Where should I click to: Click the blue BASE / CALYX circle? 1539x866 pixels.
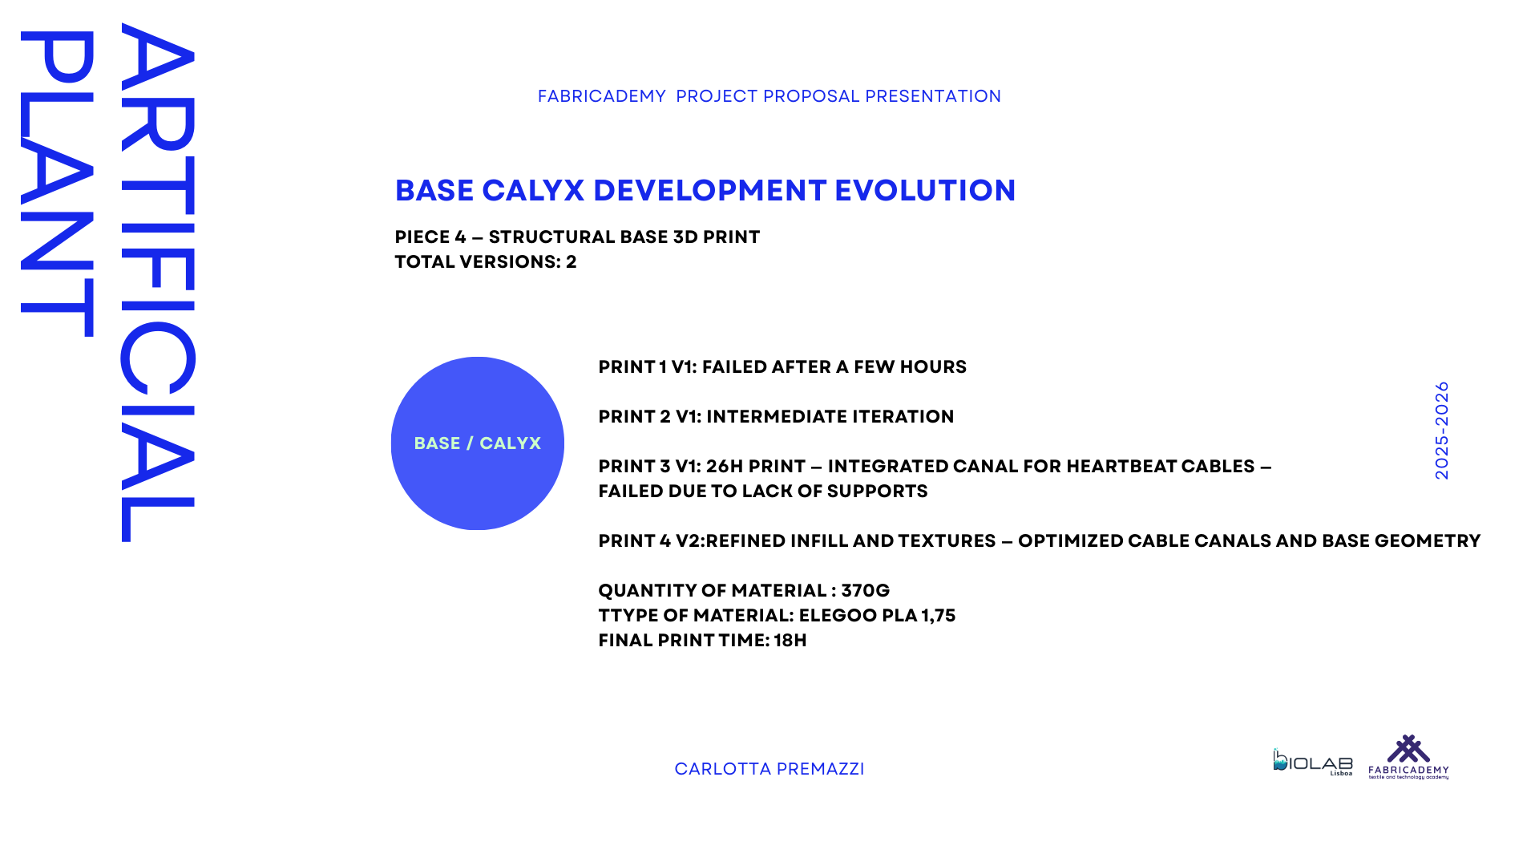pos(478,443)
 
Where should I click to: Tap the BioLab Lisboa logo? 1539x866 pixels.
pos(1313,762)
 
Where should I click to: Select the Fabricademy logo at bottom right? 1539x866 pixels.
pos(1408,757)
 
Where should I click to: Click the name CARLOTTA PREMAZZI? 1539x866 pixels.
pos(769,769)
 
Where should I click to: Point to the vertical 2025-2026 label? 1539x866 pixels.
pos(1442,431)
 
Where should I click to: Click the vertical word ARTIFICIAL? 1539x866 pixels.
pos(158,282)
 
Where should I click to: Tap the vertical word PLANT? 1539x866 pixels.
pos(57,184)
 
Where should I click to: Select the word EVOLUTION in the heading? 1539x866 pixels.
pos(925,191)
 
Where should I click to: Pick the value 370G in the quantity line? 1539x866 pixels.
pos(865,591)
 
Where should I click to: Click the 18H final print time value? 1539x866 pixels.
pos(790,641)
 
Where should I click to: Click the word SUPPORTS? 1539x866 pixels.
pos(877,492)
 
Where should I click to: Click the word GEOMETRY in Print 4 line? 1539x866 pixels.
pos(1428,541)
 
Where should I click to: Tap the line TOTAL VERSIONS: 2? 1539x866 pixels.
pos(486,262)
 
